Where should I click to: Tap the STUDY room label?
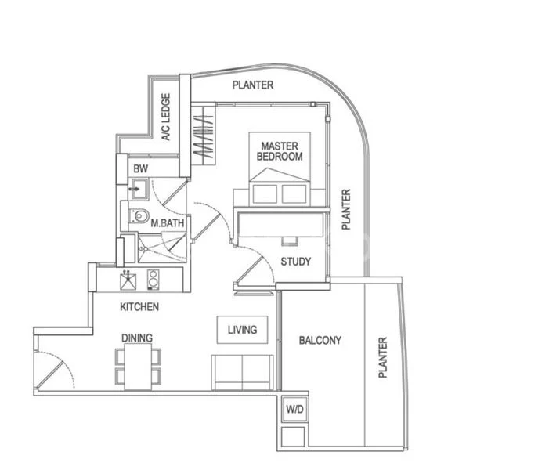[x=295, y=262]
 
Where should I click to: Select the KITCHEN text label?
[x=139, y=307]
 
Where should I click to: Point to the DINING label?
[x=136, y=338]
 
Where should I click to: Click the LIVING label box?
[x=242, y=330]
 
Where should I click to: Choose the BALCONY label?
[x=320, y=340]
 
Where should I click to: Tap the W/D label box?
[x=294, y=410]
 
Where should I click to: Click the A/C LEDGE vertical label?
[x=166, y=117]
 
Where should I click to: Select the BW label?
[x=140, y=169]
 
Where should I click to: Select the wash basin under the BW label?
[x=139, y=189]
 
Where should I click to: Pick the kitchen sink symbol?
[x=127, y=278]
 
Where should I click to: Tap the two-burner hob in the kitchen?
[x=154, y=278]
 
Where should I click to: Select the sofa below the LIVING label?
[x=242, y=371]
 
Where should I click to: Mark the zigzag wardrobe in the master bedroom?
[x=203, y=138]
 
